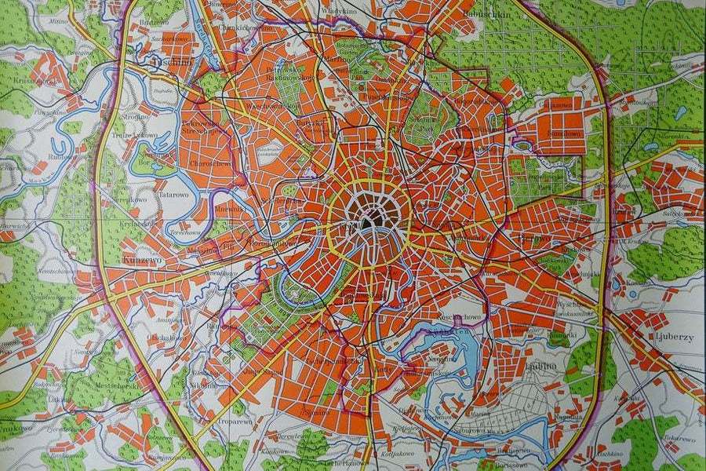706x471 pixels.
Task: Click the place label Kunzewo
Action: tap(141, 257)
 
